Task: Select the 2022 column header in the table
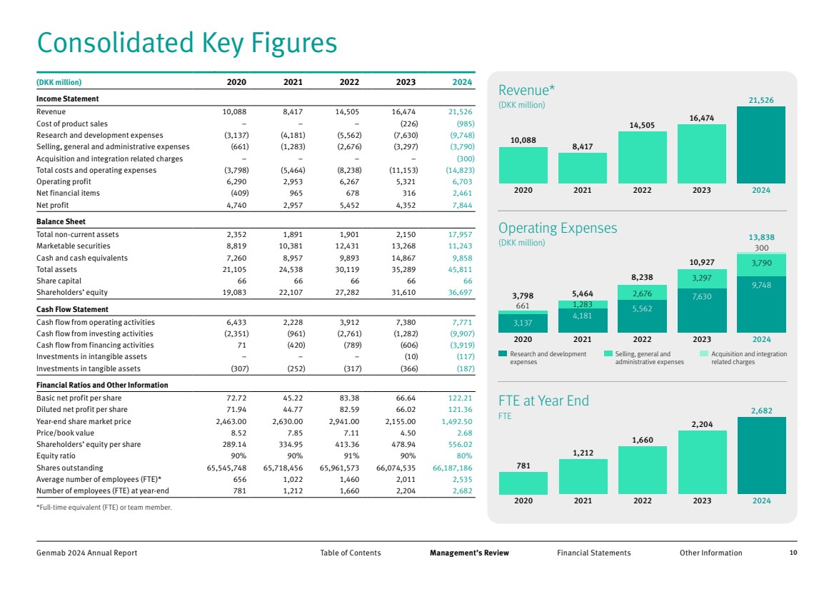(x=349, y=82)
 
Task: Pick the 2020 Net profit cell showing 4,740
(x=234, y=205)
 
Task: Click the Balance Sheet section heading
(x=61, y=222)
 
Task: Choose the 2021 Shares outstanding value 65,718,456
(x=281, y=468)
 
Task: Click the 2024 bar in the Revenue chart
(x=761, y=145)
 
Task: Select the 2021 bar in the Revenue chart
(x=583, y=168)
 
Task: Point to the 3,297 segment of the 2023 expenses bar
(x=702, y=278)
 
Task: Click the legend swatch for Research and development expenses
(x=503, y=354)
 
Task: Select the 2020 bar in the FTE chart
(x=523, y=483)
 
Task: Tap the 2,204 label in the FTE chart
(x=702, y=425)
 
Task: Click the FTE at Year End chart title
(x=543, y=401)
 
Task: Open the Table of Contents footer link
(x=351, y=553)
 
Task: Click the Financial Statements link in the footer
(x=593, y=553)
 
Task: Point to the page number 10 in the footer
(x=793, y=553)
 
